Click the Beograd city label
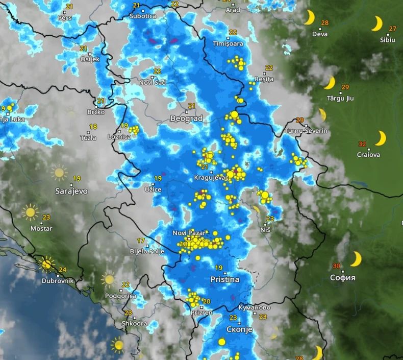click(x=186, y=118)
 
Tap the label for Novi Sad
click(x=153, y=82)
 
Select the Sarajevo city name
click(x=71, y=191)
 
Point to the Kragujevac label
click(x=211, y=177)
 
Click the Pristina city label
click(x=225, y=280)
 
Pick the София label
click(x=343, y=278)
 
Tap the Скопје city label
click(x=239, y=329)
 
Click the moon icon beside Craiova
click(x=381, y=138)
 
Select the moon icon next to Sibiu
click(x=376, y=23)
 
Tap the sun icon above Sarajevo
click(x=59, y=173)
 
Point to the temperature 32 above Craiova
click(x=362, y=144)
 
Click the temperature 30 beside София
click(x=336, y=266)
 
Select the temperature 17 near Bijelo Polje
click(x=141, y=241)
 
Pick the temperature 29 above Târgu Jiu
click(x=345, y=87)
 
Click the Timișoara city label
click(x=228, y=43)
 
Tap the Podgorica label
click(x=120, y=296)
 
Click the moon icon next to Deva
click(x=309, y=18)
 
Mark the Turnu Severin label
click(x=306, y=131)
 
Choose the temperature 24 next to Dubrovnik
click(x=63, y=270)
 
